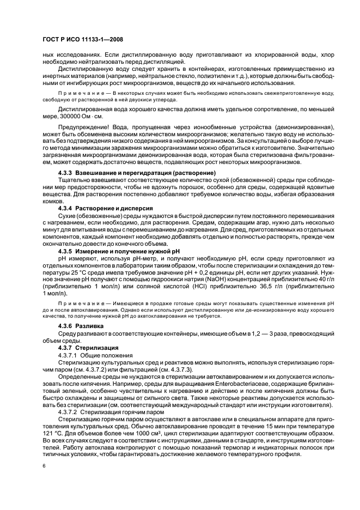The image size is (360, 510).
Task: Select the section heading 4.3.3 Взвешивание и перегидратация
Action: [130, 173]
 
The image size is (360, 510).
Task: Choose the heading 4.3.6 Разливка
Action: [81, 325]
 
